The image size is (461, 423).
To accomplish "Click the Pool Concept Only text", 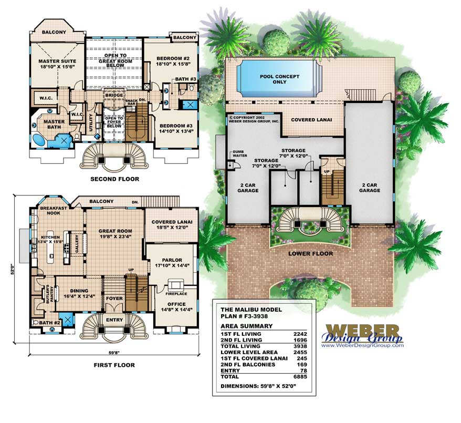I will (280, 79).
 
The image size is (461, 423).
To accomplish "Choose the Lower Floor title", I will (310, 253).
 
